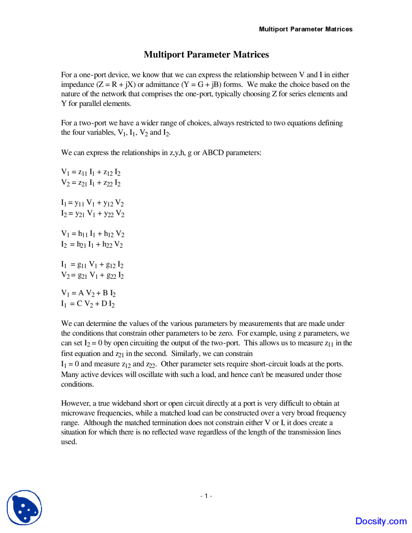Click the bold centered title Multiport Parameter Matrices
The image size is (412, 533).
click(x=206, y=54)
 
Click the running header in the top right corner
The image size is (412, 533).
click(x=305, y=29)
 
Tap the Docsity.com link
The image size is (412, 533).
click(x=381, y=521)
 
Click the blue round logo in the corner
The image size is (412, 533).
click(x=24, y=508)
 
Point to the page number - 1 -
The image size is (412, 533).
click(x=206, y=496)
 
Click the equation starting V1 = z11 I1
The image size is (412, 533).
click(x=91, y=173)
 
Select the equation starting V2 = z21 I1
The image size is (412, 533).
click(x=91, y=183)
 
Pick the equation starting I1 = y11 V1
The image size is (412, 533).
click(x=92, y=203)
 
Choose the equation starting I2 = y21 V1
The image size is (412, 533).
click(x=93, y=214)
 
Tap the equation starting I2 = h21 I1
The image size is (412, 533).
click(x=92, y=245)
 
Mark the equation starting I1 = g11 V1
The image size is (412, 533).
click(x=92, y=265)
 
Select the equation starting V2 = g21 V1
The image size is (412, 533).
click(x=92, y=276)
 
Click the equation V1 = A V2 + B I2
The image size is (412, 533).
click(x=88, y=293)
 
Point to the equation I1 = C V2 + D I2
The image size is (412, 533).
click(x=88, y=304)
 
